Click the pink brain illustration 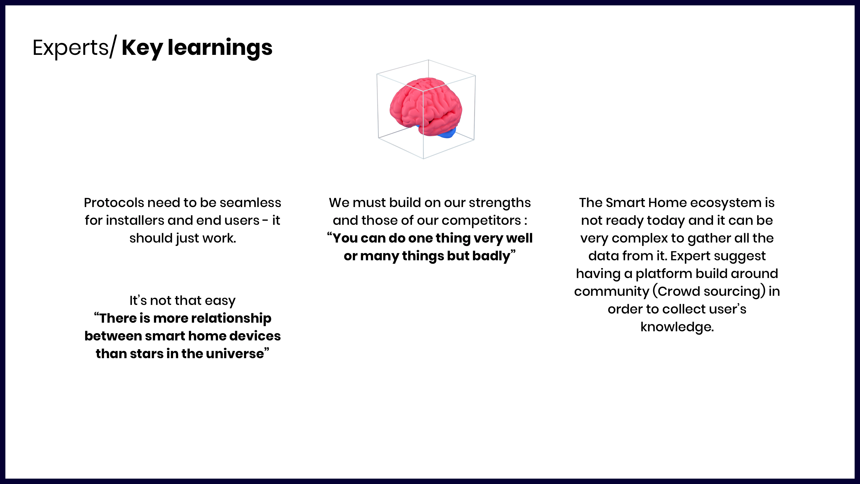[426, 106]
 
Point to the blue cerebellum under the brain [447, 133]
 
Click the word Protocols [113, 202]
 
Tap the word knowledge [677, 327]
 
